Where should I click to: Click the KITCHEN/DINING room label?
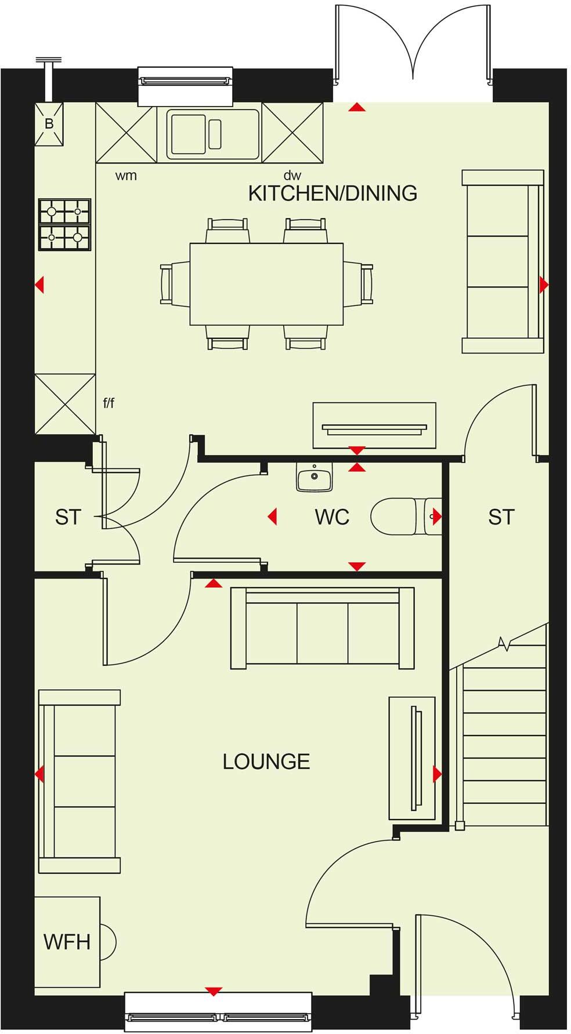point(333,193)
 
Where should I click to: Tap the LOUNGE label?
point(266,761)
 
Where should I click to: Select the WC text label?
point(332,516)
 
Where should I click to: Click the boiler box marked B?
point(49,123)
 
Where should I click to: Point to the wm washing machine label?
point(126,176)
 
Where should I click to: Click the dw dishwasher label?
point(292,176)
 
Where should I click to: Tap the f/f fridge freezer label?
point(109,403)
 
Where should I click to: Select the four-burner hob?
point(64,225)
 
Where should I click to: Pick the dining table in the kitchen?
point(266,283)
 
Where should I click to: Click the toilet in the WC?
point(400,516)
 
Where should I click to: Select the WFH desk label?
point(67,942)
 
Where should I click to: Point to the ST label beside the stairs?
point(501,516)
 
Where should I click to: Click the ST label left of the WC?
point(68,516)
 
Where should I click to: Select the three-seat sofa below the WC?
point(322,628)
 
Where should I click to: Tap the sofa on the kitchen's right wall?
point(503,261)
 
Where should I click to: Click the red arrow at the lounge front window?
point(214,991)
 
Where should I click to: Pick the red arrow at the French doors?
point(357,107)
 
